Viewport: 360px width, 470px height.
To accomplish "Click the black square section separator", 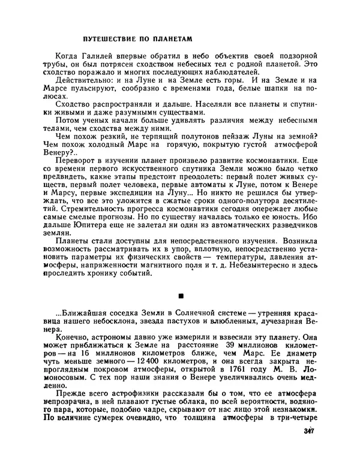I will click(179, 296).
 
